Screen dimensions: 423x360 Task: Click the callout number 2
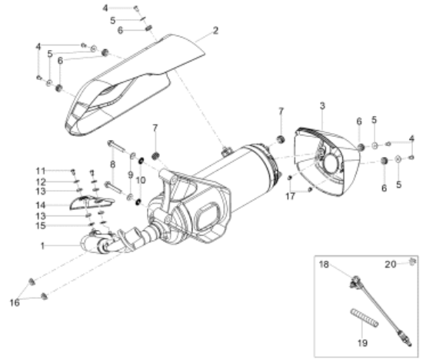click(215, 31)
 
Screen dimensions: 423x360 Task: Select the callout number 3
click(322, 106)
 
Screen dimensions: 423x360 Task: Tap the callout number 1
click(42, 246)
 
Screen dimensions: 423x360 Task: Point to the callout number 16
click(15, 302)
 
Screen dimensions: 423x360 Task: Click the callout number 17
click(290, 196)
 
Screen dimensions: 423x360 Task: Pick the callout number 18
click(324, 264)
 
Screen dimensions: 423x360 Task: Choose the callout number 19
click(362, 343)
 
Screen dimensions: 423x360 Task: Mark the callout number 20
click(390, 264)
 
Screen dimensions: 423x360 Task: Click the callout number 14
click(41, 205)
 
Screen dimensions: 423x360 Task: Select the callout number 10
click(141, 180)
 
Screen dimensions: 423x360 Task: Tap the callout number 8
click(113, 164)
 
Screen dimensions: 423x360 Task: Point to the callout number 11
click(41, 171)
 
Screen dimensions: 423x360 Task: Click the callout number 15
click(41, 225)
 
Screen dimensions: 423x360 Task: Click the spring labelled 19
click(365, 318)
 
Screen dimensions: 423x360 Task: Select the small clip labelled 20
click(411, 262)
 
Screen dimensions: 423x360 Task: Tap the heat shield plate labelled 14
click(92, 202)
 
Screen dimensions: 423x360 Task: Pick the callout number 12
click(41, 182)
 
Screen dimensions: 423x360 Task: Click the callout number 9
click(130, 175)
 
